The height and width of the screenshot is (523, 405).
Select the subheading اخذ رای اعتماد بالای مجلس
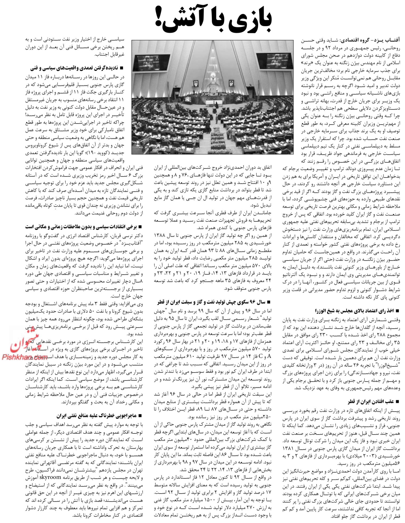point(354,311)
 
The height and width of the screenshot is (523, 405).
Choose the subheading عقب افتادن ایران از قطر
point(370,401)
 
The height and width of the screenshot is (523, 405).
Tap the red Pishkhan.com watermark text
point(24,357)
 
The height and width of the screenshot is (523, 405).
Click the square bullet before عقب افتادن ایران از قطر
point(398,401)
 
